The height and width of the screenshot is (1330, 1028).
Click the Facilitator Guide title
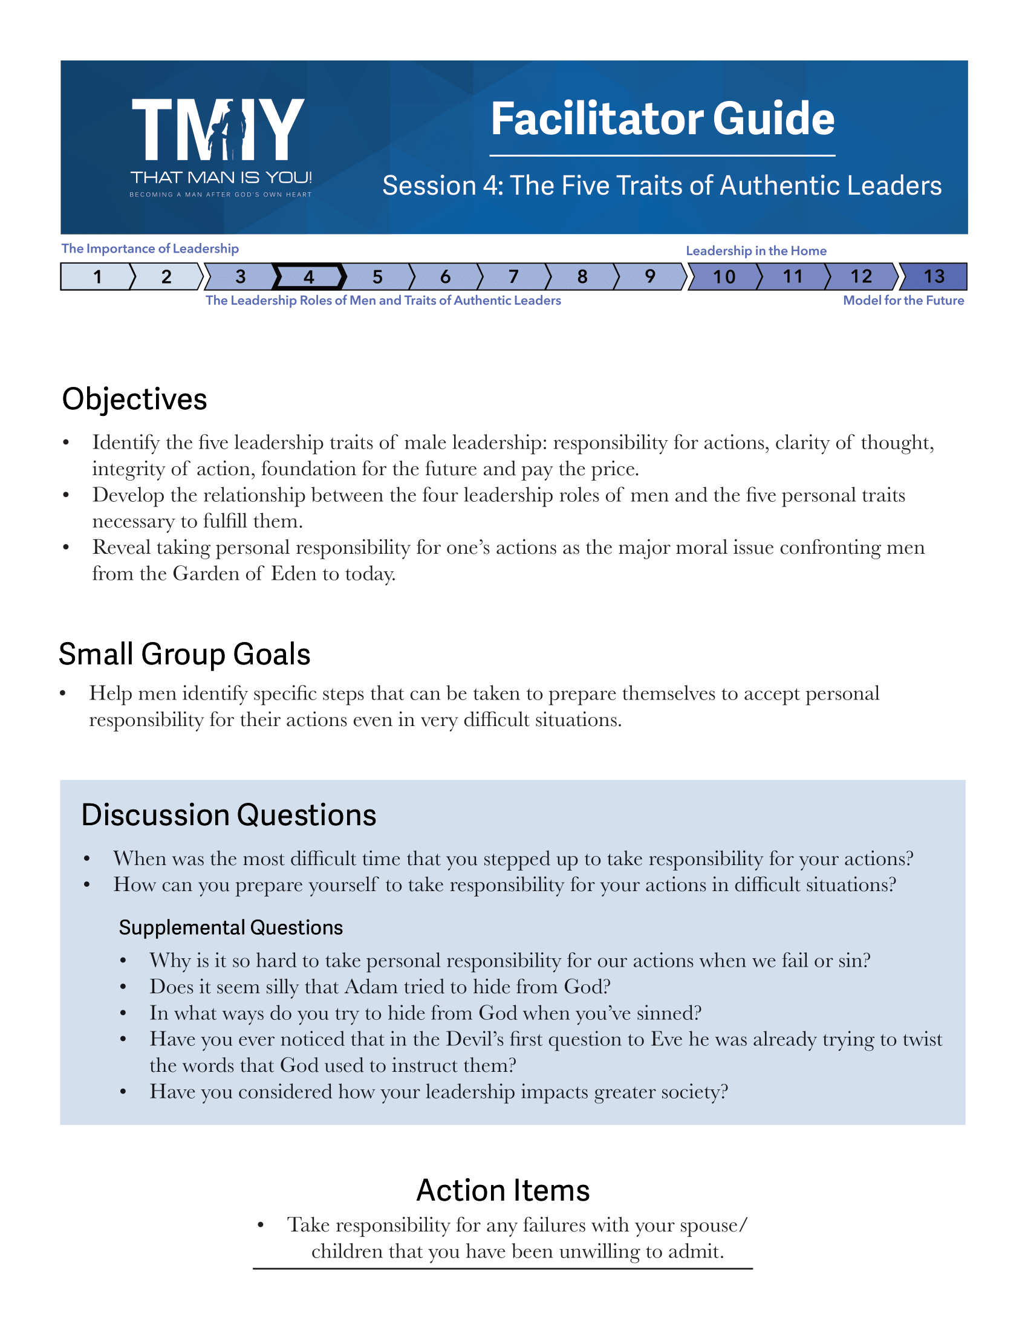click(662, 118)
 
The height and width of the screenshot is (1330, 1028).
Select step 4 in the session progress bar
click(309, 277)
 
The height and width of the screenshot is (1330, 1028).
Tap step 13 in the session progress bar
click(934, 277)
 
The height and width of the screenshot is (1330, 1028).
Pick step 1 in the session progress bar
click(97, 277)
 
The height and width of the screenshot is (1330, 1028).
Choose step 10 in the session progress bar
click(724, 277)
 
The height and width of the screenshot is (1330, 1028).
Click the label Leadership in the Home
click(756, 251)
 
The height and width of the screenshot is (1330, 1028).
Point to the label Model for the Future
click(903, 300)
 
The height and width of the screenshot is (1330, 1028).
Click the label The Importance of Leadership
click(150, 248)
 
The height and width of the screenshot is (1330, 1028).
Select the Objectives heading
click(135, 400)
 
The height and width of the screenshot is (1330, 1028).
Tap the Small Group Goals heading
click(184, 655)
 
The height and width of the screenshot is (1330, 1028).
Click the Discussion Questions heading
click(229, 816)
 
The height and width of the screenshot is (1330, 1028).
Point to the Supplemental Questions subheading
click(231, 927)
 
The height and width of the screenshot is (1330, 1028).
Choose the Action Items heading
click(503, 1190)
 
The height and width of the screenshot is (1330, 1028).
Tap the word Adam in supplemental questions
click(369, 987)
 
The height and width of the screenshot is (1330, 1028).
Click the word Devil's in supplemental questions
click(475, 1039)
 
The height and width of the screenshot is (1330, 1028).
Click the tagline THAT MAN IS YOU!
click(221, 178)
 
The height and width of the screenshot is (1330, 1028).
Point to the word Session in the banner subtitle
click(429, 186)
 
